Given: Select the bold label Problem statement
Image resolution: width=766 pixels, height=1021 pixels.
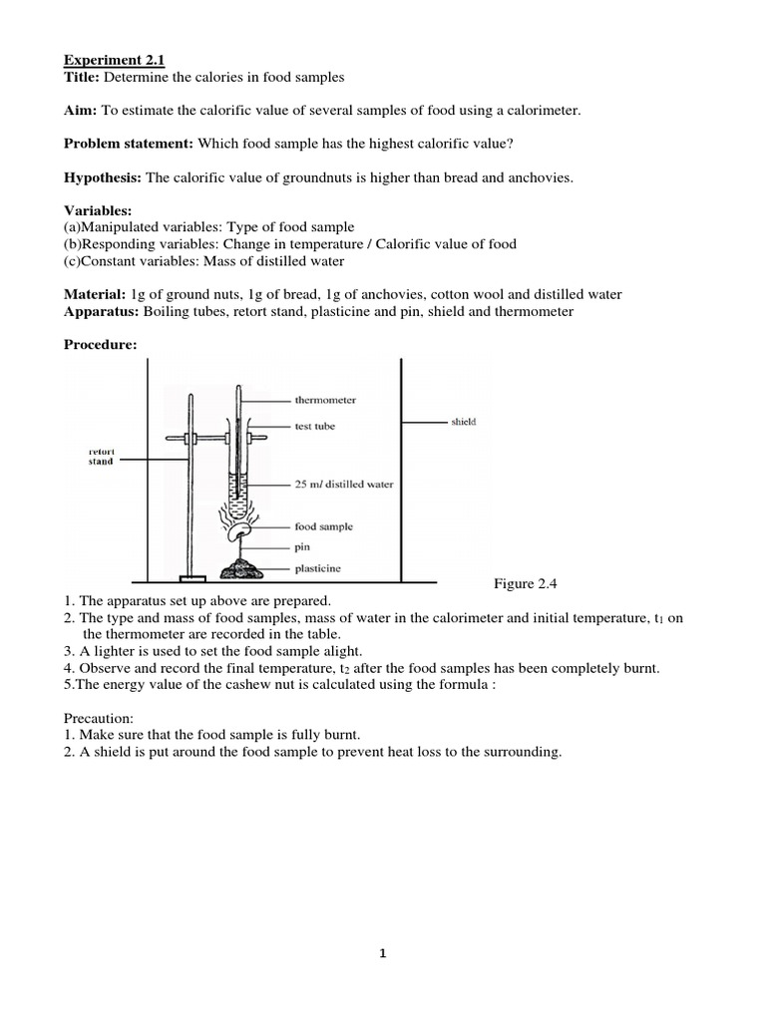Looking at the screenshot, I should tap(130, 144).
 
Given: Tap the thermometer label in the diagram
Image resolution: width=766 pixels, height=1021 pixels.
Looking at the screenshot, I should tap(324, 400).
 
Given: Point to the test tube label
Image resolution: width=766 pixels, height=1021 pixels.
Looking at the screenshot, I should tap(315, 426).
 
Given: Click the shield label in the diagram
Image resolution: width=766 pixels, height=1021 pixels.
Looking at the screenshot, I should tap(463, 422).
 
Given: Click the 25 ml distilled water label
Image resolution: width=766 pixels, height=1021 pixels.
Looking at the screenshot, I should tap(343, 485).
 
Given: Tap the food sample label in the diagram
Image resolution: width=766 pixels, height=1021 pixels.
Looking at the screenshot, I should tap(323, 526).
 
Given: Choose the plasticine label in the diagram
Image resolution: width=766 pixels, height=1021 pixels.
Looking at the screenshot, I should tap(316, 568).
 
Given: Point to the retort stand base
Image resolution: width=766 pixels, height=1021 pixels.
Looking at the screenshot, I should tap(191, 577).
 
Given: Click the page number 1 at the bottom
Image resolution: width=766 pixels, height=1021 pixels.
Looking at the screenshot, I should tap(382, 953).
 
